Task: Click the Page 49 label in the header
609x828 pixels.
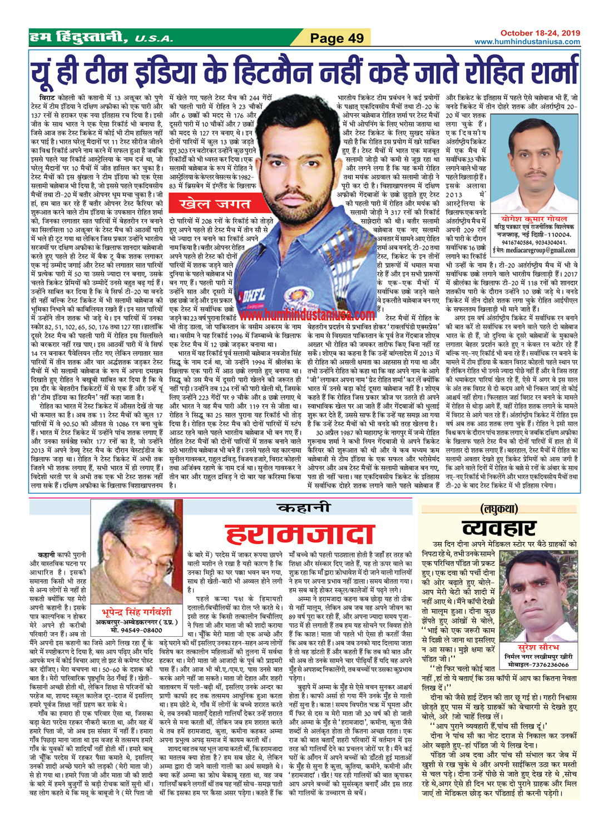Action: point(336,38)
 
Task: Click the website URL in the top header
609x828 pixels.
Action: point(527,42)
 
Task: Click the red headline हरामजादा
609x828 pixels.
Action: point(292,536)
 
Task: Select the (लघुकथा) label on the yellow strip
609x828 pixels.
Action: point(498,508)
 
